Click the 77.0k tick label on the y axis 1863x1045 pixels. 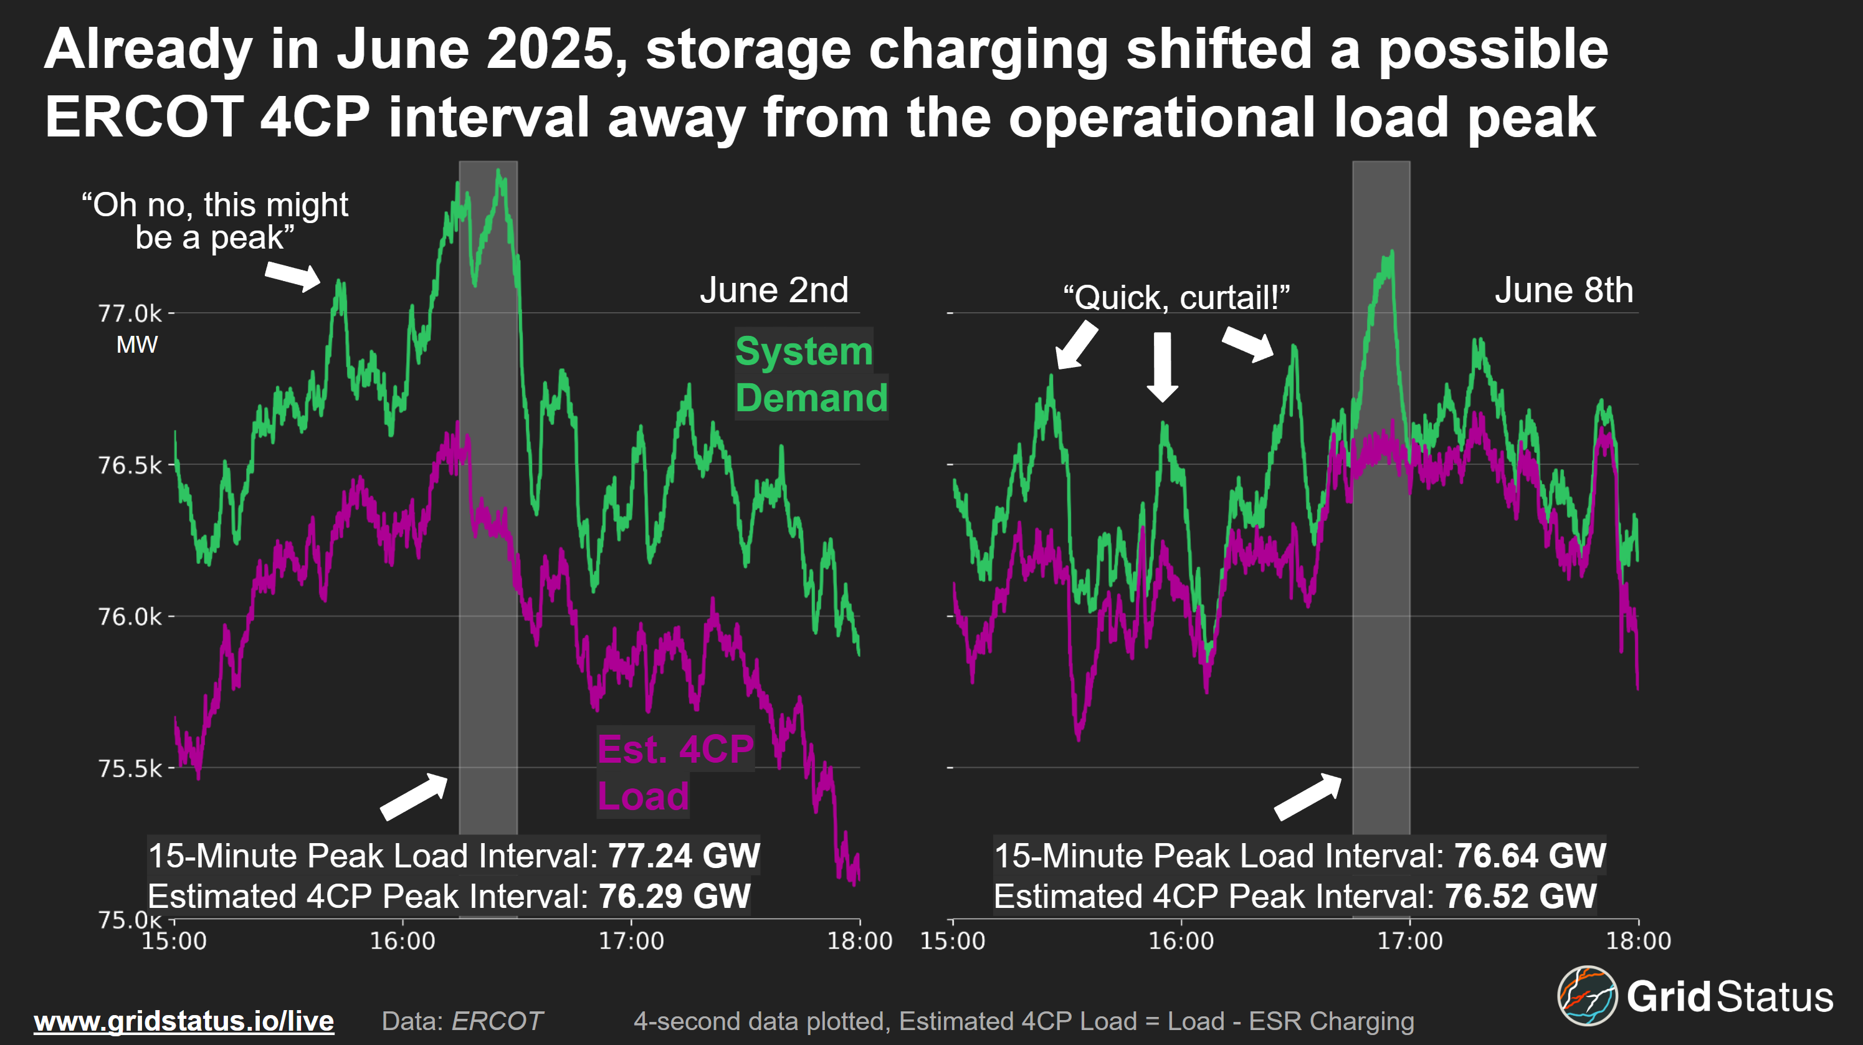point(130,314)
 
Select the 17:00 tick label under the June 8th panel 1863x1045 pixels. point(1409,941)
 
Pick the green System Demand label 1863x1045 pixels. point(810,375)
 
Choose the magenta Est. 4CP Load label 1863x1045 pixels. point(674,772)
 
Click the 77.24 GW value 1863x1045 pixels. point(684,856)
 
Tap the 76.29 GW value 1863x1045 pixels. point(674,897)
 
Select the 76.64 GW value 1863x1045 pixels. point(1530,856)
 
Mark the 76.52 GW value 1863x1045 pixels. point(1520,897)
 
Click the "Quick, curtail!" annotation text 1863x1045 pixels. point(1176,297)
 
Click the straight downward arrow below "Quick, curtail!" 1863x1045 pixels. point(1162,366)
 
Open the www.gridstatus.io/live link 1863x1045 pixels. point(184,1021)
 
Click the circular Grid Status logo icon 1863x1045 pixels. point(1587,996)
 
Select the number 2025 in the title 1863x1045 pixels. point(550,50)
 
